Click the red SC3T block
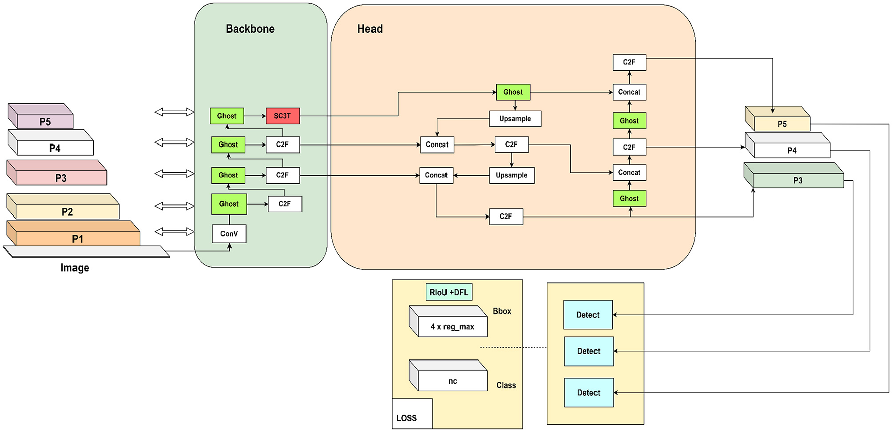click(x=282, y=116)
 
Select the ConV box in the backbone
click(x=229, y=234)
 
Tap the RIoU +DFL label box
click(x=449, y=292)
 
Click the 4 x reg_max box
click(x=452, y=327)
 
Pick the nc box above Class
click(x=452, y=381)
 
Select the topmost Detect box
click(x=588, y=315)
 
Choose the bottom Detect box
click(x=588, y=393)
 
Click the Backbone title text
click(x=250, y=29)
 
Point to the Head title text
click(x=370, y=29)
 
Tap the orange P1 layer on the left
click(x=77, y=238)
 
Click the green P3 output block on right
click(x=797, y=180)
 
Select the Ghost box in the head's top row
click(x=513, y=92)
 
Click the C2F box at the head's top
click(x=629, y=62)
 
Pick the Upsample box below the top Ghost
click(x=515, y=119)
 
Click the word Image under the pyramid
click(x=75, y=268)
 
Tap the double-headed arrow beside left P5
click(x=174, y=112)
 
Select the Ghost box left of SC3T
click(x=227, y=116)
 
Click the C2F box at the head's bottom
click(x=506, y=217)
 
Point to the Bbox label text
click(x=502, y=311)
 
